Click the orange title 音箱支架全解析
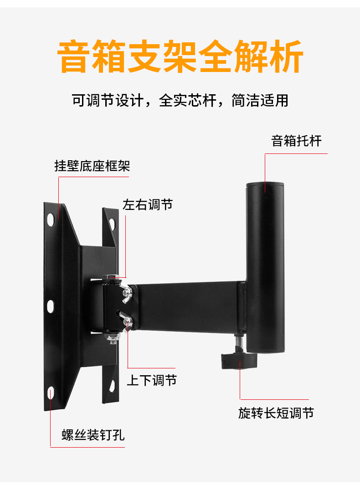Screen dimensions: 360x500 tap(180, 56)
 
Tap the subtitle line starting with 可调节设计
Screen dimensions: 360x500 tap(180, 100)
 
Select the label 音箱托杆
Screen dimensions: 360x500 tap(296, 141)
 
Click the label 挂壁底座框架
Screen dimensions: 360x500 tap(92, 166)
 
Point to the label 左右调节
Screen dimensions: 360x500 tap(148, 204)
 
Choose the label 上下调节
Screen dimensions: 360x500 tap(152, 380)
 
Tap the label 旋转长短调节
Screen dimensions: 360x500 tap(276, 413)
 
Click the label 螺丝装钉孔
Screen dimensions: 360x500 tap(93, 434)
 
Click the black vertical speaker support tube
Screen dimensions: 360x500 tap(265, 268)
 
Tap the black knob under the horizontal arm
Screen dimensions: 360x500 tap(239, 361)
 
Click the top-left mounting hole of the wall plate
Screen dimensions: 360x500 tap(51, 219)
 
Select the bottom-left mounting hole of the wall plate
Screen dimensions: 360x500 tap(51, 393)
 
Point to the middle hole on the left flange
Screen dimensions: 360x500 tap(50, 306)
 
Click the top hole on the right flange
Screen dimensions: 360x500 tap(112, 224)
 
